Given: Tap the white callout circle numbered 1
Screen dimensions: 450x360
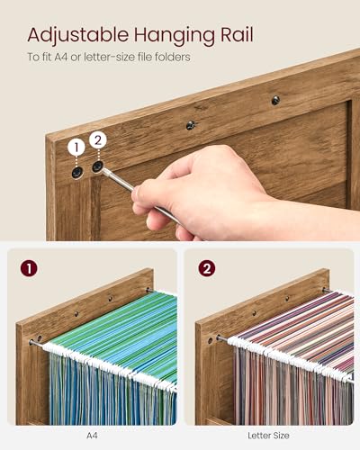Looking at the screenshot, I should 76,144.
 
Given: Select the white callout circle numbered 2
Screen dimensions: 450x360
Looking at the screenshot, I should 98,139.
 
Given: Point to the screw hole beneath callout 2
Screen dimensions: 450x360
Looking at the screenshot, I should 97,166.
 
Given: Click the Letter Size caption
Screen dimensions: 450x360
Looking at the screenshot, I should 268,436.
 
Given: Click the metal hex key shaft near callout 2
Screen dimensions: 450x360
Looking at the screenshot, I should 121,183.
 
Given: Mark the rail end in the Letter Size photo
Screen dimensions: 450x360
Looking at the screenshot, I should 219,338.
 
